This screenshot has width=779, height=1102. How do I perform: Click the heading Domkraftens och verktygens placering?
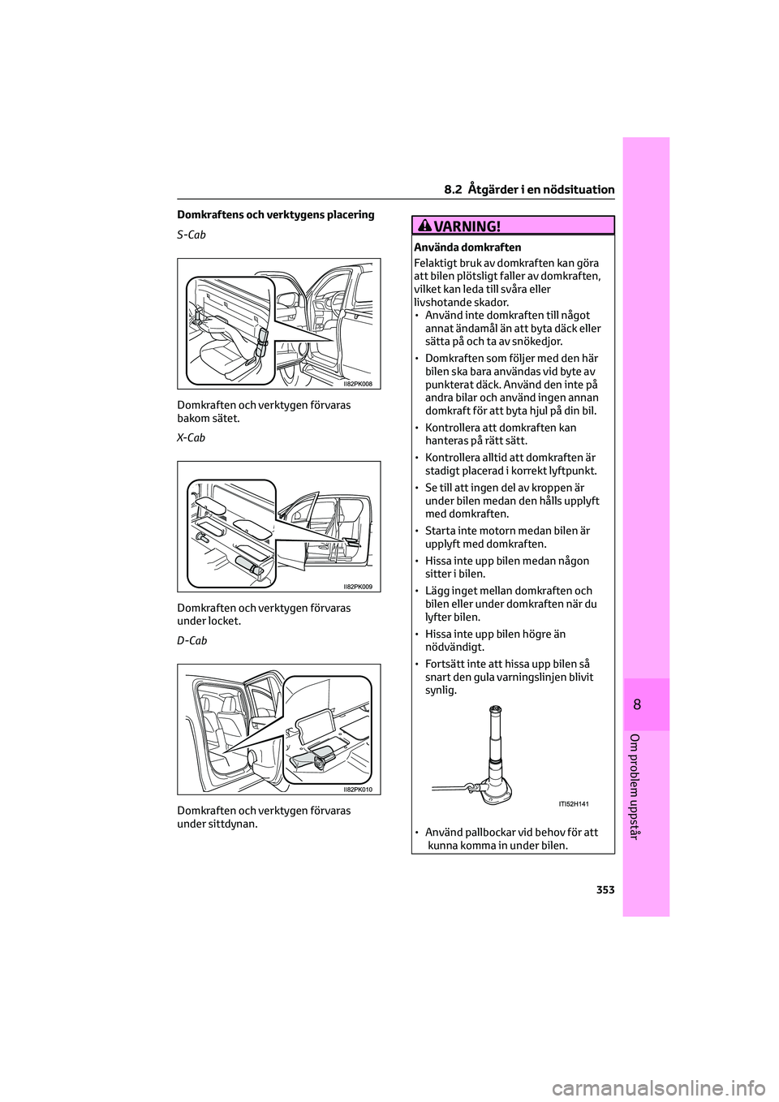click(275, 215)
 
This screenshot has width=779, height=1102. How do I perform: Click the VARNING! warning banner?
click(513, 226)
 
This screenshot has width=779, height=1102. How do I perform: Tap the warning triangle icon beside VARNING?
click(430, 226)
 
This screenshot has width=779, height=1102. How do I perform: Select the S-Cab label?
click(192, 235)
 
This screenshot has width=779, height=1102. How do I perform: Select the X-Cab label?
click(192, 437)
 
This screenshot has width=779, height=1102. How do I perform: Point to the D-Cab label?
click(192, 640)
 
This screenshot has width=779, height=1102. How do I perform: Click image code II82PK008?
click(358, 384)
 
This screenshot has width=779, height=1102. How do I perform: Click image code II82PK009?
click(358, 587)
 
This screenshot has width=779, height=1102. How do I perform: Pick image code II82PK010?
click(358, 790)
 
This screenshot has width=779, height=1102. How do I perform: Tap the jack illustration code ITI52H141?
click(574, 804)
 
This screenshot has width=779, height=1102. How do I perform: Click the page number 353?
click(605, 890)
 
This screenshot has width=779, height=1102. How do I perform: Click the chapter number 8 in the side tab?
click(637, 704)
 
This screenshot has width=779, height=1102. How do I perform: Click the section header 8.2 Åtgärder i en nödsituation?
click(529, 189)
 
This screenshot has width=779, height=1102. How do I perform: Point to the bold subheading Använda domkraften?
click(467, 248)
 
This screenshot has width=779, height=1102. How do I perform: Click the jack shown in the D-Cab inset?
click(312, 760)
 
